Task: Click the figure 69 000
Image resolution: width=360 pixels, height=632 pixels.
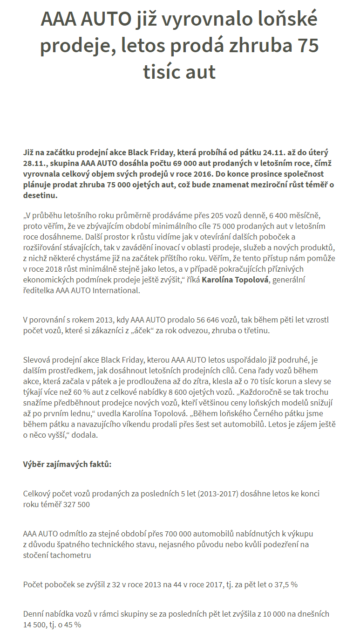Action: tap(203, 163)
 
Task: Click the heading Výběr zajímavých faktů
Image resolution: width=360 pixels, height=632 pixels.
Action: tap(68, 465)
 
